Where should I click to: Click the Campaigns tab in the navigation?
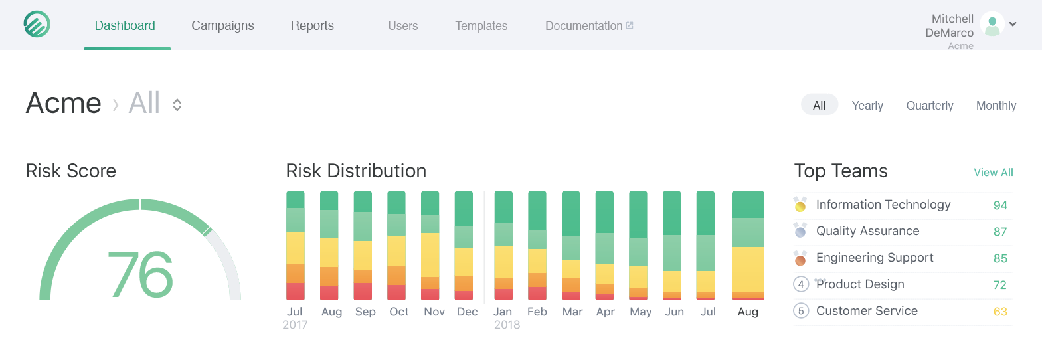tap(222, 26)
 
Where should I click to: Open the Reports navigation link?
tap(312, 26)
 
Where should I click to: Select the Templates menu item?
tap(481, 26)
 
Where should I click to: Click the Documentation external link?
tap(589, 26)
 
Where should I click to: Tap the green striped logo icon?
tap(37, 24)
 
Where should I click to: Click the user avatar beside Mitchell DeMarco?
tap(992, 24)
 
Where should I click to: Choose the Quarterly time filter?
tap(929, 106)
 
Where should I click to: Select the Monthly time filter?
tap(996, 106)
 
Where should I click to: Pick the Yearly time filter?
tap(867, 106)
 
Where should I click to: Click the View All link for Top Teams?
tap(993, 173)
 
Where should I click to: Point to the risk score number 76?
tap(140, 274)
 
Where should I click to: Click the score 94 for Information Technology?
tap(1000, 205)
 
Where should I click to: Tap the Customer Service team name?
tap(867, 311)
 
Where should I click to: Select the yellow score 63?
tap(1000, 311)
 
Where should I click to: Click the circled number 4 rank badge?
tap(800, 284)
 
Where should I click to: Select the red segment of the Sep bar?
tap(363, 292)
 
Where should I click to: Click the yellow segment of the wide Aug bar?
tap(748, 270)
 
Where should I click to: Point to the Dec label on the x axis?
tap(467, 312)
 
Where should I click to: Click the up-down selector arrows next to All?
tap(177, 105)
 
